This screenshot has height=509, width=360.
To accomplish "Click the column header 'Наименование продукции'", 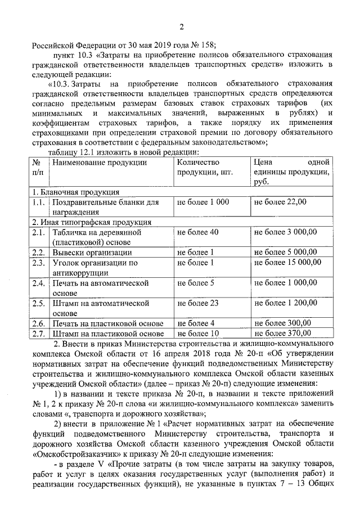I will coord(100,163).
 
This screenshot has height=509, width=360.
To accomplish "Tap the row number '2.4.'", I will coord(38,283).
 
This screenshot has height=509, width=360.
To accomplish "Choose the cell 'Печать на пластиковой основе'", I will coord(108,323).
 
